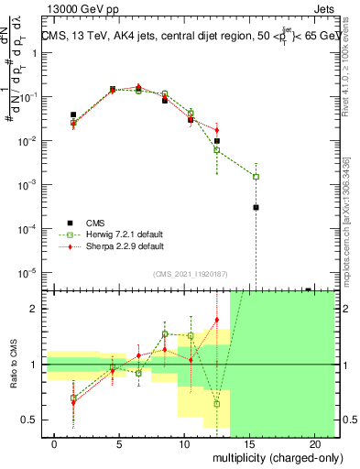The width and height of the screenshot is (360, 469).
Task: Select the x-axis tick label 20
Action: pyautogui.click(x=314, y=443)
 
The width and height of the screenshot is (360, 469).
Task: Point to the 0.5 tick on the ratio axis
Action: pyautogui.click(x=29, y=420)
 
